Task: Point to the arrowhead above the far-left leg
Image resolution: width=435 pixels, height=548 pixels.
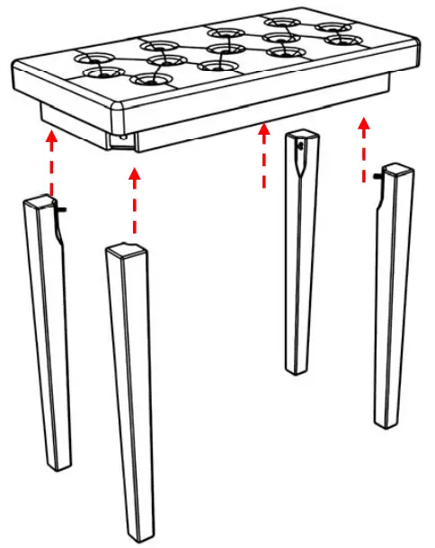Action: pyautogui.click(x=52, y=137)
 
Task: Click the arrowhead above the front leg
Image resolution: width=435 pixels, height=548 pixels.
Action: pyautogui.click(x=135, y=173)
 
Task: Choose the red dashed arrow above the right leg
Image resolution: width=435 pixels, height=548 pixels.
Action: pyautogui.click(x=363, y=148)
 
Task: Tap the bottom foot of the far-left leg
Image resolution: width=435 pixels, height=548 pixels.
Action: pyautogui.click(x=61, y=464)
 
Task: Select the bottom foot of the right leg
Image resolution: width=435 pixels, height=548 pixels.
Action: pyautogui.click(x=385, y=420)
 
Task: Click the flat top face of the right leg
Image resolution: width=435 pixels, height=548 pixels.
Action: pyautogui.click(x=396, y=168)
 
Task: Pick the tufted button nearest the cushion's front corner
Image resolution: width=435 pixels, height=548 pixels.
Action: pyautogui.click(x=148, y=79)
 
